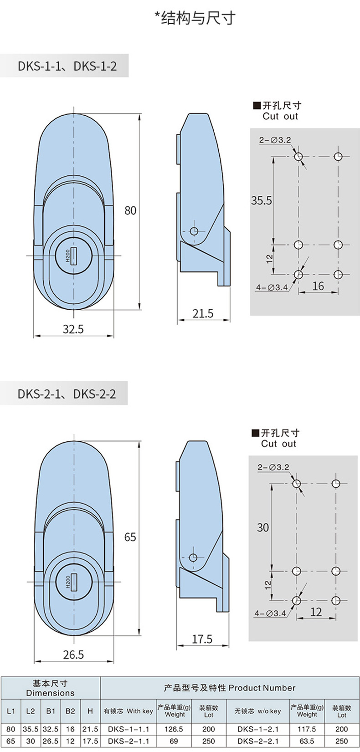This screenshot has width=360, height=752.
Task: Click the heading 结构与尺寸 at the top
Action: pyautogui.click(x=198, y=18)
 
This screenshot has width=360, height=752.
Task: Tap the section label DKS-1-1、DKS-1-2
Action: pyautogui.click(x=67, y=66)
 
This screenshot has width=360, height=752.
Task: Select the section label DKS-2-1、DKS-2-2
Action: pyautogui.click(x=67, y=394)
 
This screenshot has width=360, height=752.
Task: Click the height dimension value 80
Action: pyautogui.click(x=130, y=210)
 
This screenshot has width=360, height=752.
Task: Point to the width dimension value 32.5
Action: pyautogui.click(x=73, y=329)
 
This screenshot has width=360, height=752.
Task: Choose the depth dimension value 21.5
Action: pyautogui.click(x=203, y=313)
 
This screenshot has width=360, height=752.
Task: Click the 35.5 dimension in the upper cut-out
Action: pyautogui.click(x=262, y=200)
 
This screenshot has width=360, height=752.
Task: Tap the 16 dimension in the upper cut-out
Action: pyautogui.click(x=318, y=286)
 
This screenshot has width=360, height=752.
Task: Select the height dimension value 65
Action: pyautogui.click(x=130, y=537)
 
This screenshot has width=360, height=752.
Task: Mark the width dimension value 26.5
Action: pyautogui.click(x=73, y=655)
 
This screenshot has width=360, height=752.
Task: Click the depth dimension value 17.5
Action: pyautogui.click(x=202, y=639)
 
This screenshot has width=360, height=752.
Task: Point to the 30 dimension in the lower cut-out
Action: pyautogui.click(x=263, y=527)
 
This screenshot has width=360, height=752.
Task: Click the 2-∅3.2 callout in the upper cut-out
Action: pyautogui.click(x=275, y=140)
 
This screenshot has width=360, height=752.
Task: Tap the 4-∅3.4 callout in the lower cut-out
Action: pyautogui.click(x=270, y=614)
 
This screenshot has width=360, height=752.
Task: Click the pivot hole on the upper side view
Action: pyautogui.click(x=194, y=231)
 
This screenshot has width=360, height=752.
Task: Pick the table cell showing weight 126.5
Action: pyautogui.click(x=174, y=729)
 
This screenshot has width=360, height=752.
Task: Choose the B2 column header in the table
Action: pyautogui.click(x=71, y=711)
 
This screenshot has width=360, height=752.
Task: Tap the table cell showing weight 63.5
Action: pyautogui.click(x=307, y=741)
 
